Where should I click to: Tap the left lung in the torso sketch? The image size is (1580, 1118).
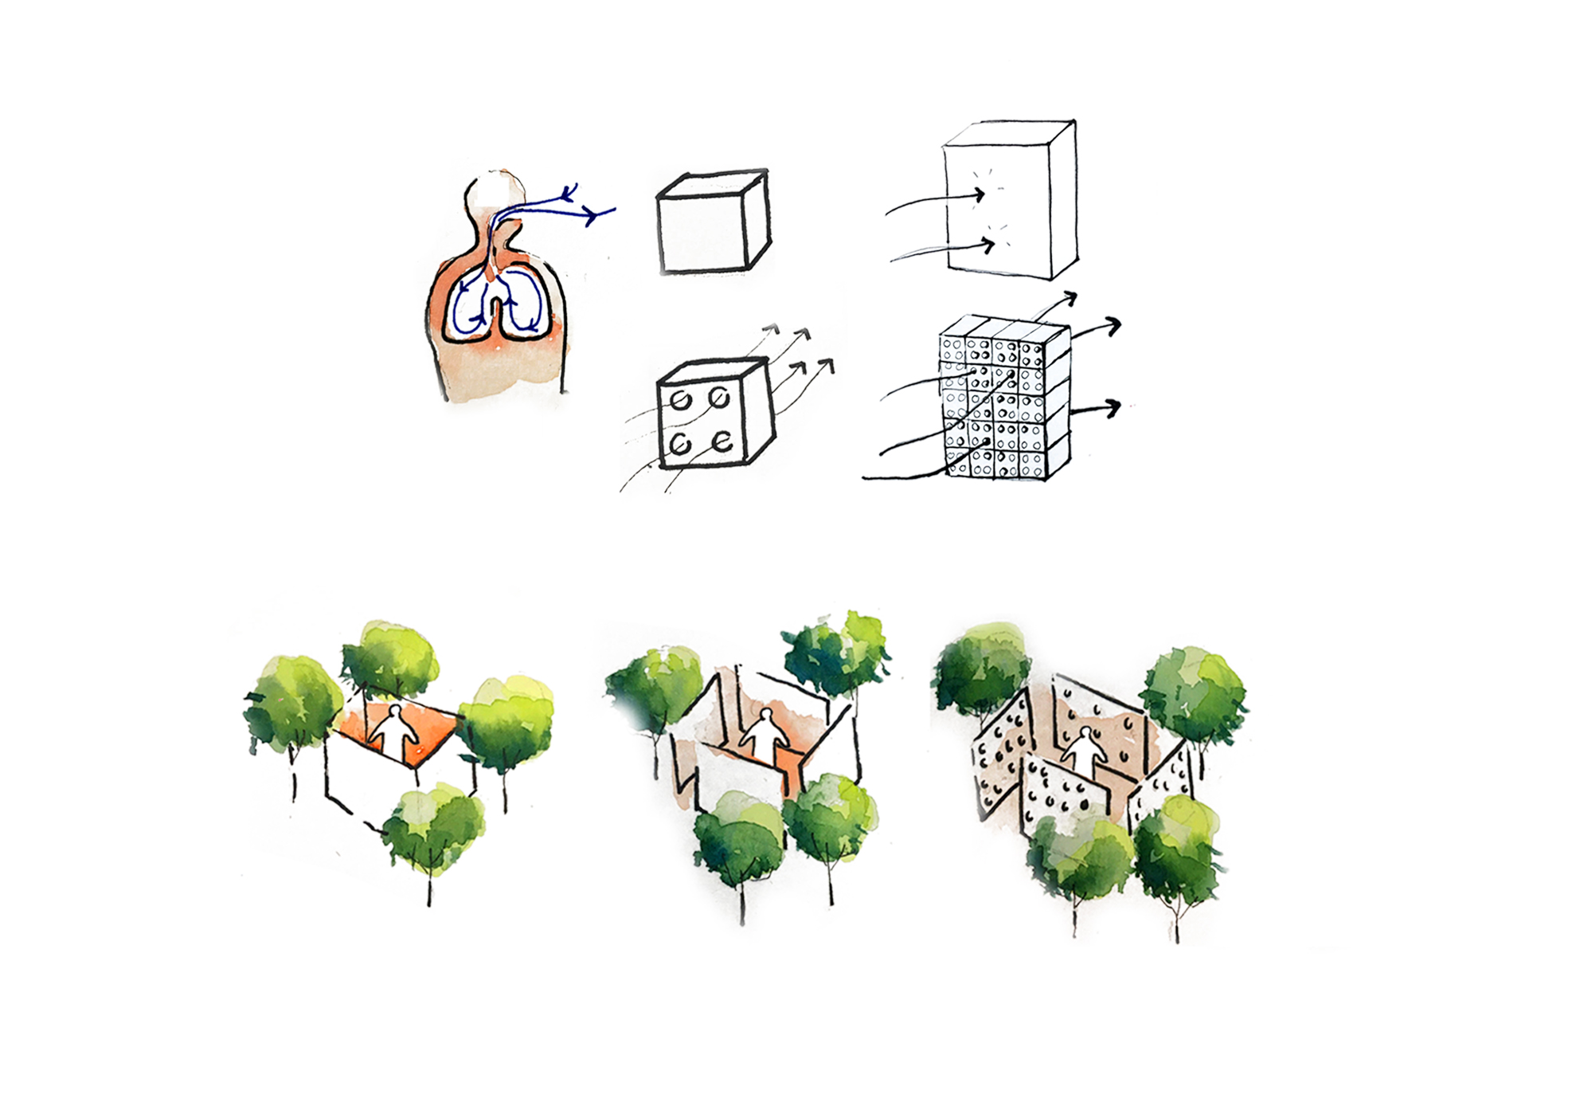point(469,306)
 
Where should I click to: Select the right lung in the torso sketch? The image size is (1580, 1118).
point(525,306)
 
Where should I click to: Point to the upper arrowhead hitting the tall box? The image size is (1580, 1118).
point(980,194)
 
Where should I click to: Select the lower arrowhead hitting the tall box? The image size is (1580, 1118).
point(990,246)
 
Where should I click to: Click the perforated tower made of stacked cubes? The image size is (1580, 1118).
point(1003,398)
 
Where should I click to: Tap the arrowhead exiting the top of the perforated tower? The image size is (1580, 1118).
point(1071,298)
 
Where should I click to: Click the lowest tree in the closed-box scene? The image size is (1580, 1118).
point(434,829)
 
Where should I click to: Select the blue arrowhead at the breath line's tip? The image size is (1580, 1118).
point(593,214)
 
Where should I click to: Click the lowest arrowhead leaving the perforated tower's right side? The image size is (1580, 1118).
point(1113,409)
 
